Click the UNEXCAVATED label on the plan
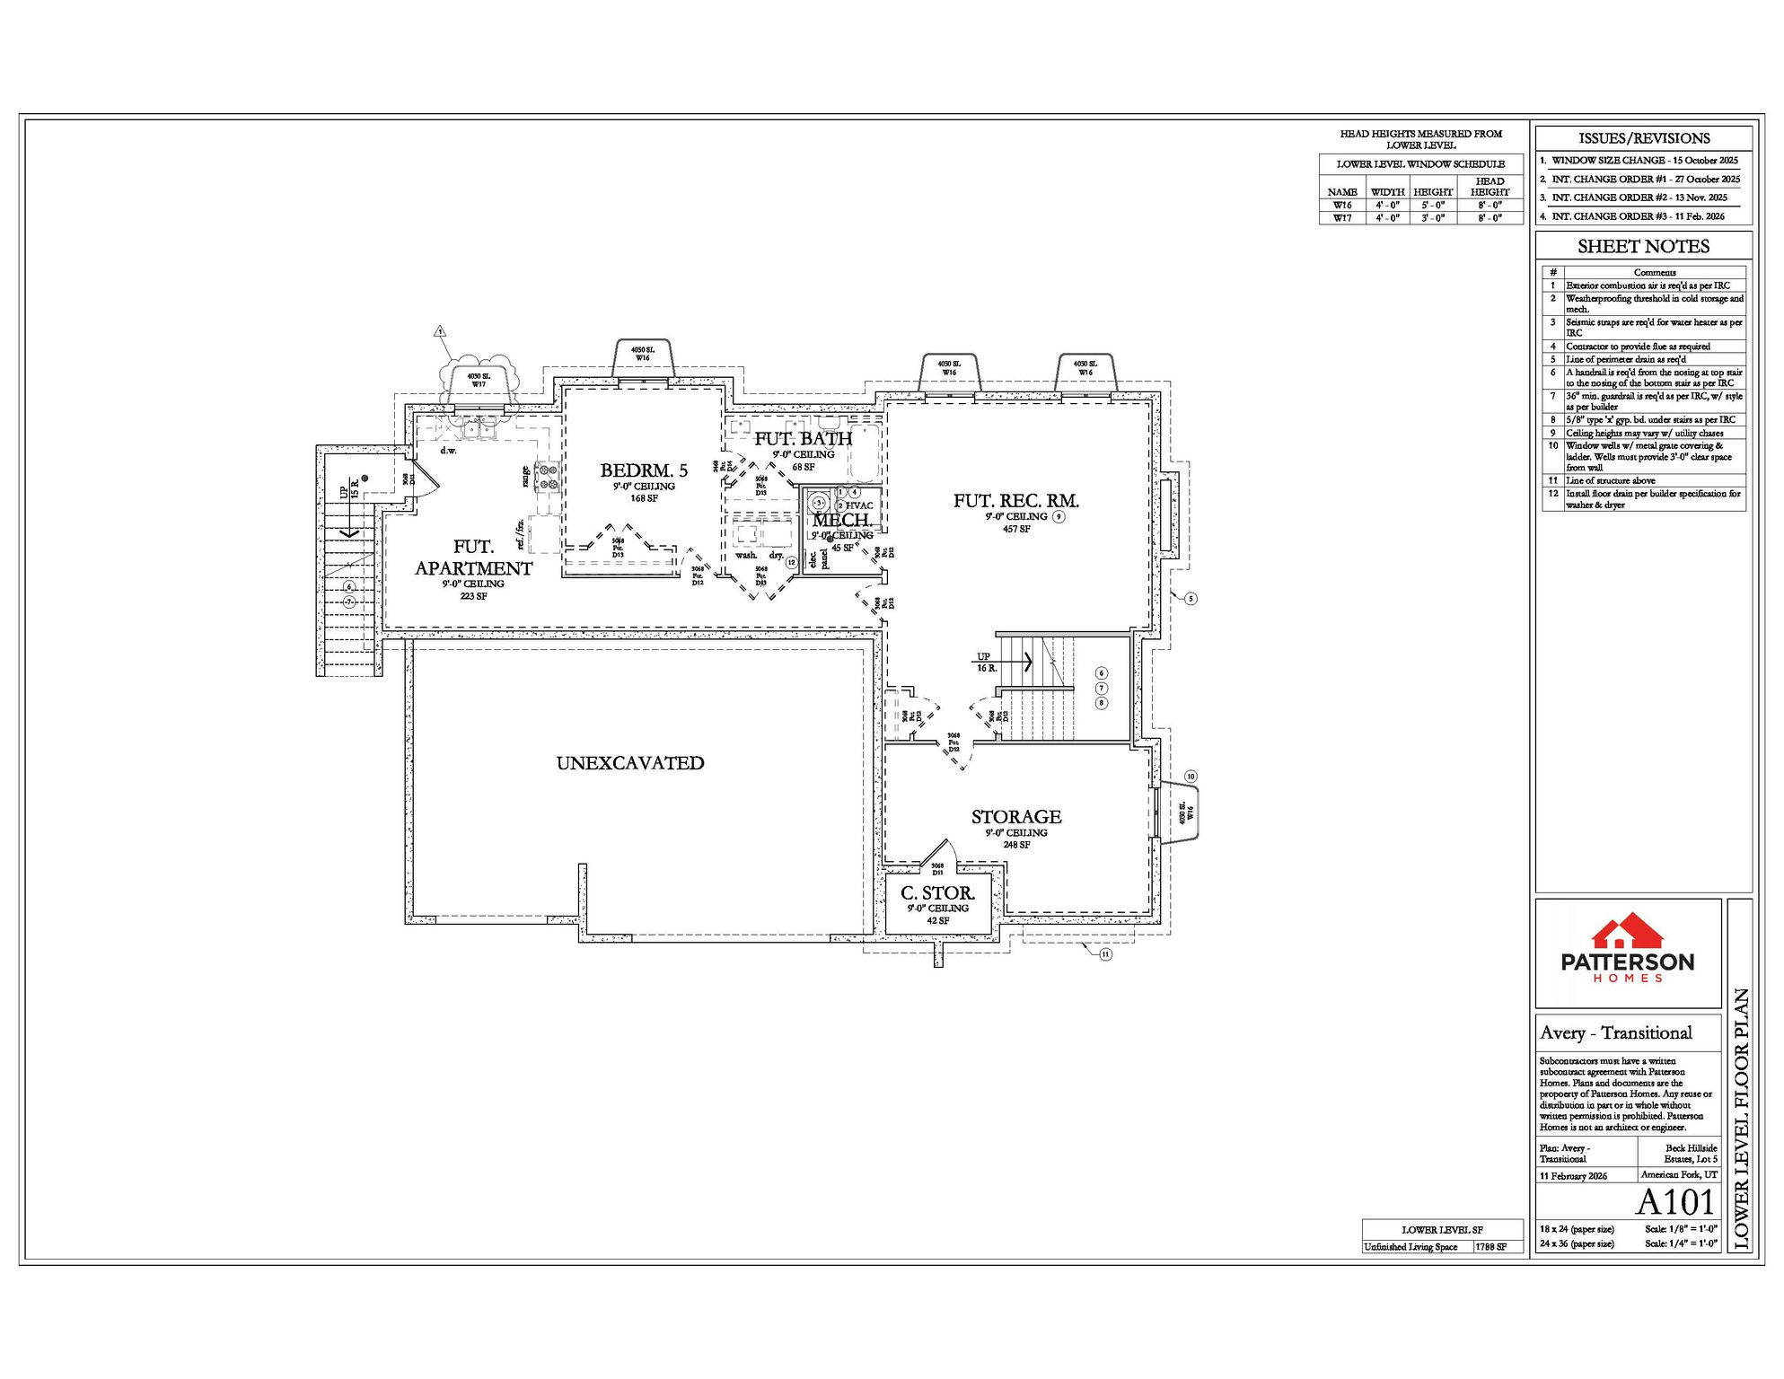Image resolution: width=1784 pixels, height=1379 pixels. click(x=630, y=763)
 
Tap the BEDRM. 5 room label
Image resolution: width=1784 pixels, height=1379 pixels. click(x=644, y=470)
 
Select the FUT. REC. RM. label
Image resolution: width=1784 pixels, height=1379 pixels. click(x=1016, y=501)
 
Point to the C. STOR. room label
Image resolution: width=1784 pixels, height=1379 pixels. click(x=937, y=893)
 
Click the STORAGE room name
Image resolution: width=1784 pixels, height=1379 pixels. click(x=1016, y=817)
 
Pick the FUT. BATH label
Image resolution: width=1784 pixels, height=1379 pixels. click(x=803, y=439)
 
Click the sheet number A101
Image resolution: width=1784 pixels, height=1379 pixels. click(x=1674, y=1202)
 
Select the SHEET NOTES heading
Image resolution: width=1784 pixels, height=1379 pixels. click(x=1643, y=247)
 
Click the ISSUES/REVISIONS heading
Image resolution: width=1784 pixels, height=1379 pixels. click(x=1644, y=138)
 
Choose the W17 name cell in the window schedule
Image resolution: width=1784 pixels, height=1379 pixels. click(x=1342, y=218)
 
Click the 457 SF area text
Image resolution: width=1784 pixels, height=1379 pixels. click(x=1016, y=530)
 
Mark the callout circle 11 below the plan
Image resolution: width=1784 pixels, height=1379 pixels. click(x=1105, y=954)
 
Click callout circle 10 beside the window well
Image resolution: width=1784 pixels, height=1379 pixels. click(x=1191, y=777)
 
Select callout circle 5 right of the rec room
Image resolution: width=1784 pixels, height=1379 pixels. click(x=1191, y=599)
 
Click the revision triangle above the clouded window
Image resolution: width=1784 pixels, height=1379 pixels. click(x=440, y=331)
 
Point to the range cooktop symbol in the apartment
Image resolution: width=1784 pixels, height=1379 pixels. click(x=547, y=476)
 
